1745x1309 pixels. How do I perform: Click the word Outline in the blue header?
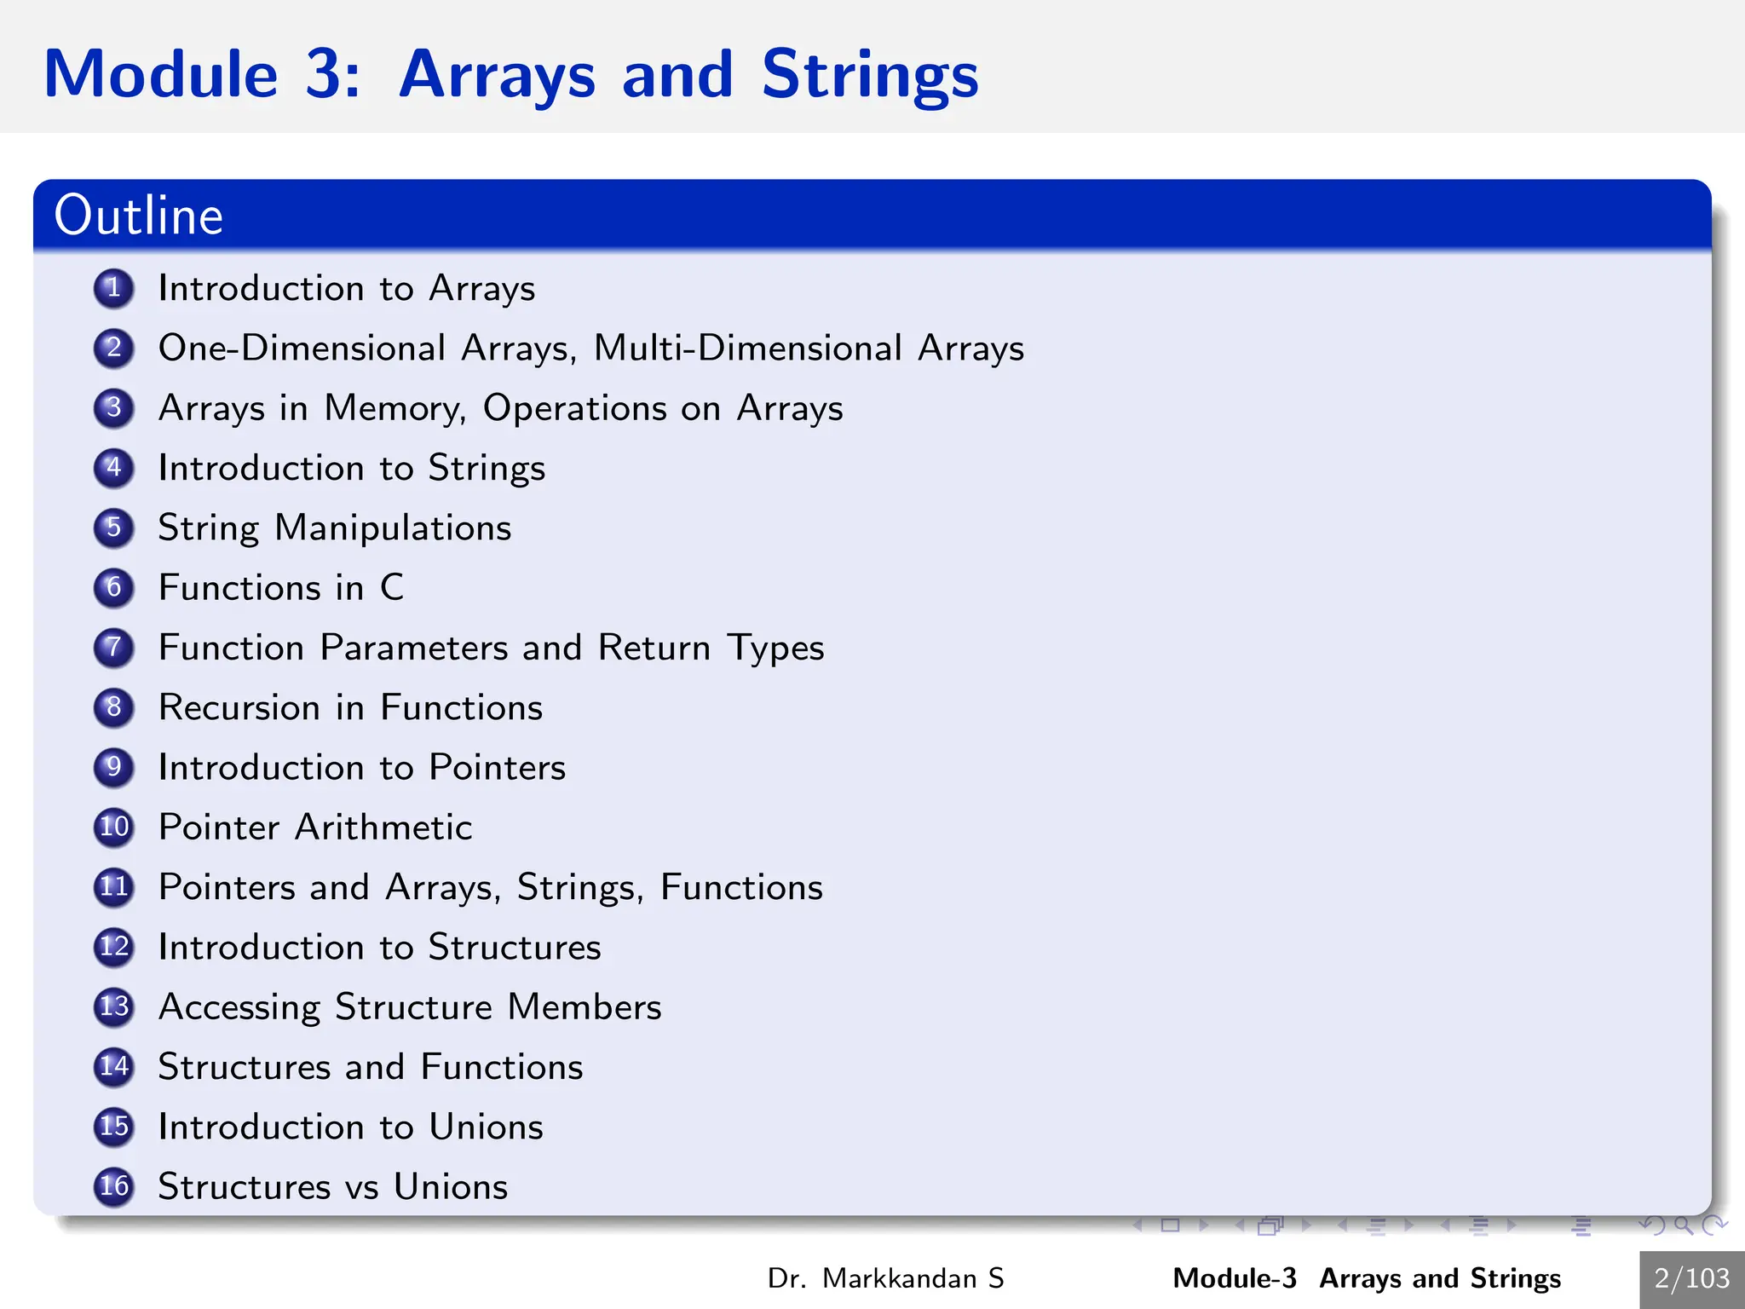click(x=138, y=216)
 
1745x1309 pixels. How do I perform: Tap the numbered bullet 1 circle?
click(x=113, y=288)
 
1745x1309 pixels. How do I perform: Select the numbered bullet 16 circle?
click(x=113, y=1186)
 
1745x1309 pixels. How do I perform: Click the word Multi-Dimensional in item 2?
click(x=747, y=348)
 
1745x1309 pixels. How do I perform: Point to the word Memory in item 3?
click(x=394, y=408)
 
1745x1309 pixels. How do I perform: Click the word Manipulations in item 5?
click(x=393, y=528)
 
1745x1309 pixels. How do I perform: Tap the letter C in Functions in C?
click(x=392, y=587)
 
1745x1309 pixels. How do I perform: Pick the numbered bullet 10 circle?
click(x=113, y=827)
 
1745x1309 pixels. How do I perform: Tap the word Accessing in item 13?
click(x=239, y=1007)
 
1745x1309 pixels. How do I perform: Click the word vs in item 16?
click(x=361, y=1187)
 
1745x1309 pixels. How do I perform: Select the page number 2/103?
click(x=1691, y=1278)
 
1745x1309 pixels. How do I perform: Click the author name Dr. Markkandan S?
click(x=885, y=1278)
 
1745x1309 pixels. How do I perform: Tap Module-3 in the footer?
click(x=1235, y=1278)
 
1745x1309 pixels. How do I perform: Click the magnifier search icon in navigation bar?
click(x=1683, y=1225)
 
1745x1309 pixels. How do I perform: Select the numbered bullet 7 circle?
click(x=113, y=648)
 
